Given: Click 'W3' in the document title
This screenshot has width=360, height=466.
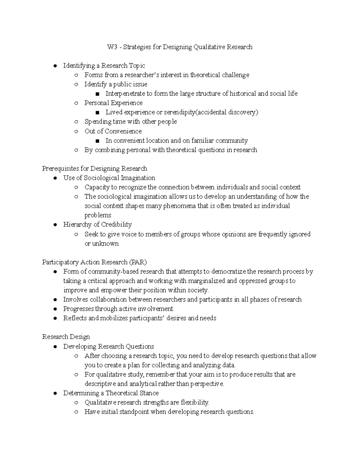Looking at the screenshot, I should [x=112, y=47].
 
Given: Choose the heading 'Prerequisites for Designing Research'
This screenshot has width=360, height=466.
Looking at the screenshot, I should [x=94, y=169].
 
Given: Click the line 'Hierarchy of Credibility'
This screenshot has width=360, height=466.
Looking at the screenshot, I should [x=97, y=224].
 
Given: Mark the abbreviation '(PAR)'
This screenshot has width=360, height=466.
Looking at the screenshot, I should [x=138, y=262].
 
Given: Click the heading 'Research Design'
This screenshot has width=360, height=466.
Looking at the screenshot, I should [x=66, y=337].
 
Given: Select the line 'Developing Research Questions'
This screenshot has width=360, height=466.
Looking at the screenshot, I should [x=108, y=347].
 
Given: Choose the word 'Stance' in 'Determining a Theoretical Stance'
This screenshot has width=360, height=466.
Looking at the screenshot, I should [x=149, y=393].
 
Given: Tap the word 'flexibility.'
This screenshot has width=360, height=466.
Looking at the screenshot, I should [x=195, y=402].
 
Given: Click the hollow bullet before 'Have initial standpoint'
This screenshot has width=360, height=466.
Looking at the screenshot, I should [x=76, y=412].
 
